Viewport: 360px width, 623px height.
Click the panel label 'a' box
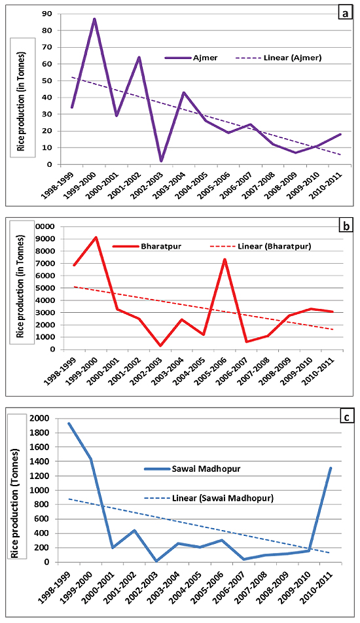pyautogui.click(x=345, y=14)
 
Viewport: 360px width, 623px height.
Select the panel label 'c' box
pyautogui.click(x=346, y=418)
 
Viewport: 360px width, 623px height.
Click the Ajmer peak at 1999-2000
pyautogui.click(x=94, y=19)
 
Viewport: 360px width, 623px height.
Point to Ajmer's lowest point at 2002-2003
pyautogui.click(x=161, y=161)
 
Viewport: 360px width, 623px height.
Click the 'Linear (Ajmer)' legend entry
pyautogui.click(x=279, y=58)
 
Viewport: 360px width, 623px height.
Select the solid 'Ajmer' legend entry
pyautogui.click(x=191, y=58)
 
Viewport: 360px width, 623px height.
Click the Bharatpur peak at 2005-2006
pyautogui.click(x=225, y=260)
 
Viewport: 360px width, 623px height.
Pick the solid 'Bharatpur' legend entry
pyautogui.click(x=147, y=246)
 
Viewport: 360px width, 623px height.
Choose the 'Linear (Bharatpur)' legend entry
pyautogui.click(x=261, y=246)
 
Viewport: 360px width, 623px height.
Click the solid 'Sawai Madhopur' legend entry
pyautogui.click(x=192, y=469)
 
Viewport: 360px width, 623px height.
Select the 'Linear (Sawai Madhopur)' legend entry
pyautogui.click(x=209, y=498)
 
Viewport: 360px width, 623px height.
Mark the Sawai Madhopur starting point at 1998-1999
pyautogui.click(x=69, y=423)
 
